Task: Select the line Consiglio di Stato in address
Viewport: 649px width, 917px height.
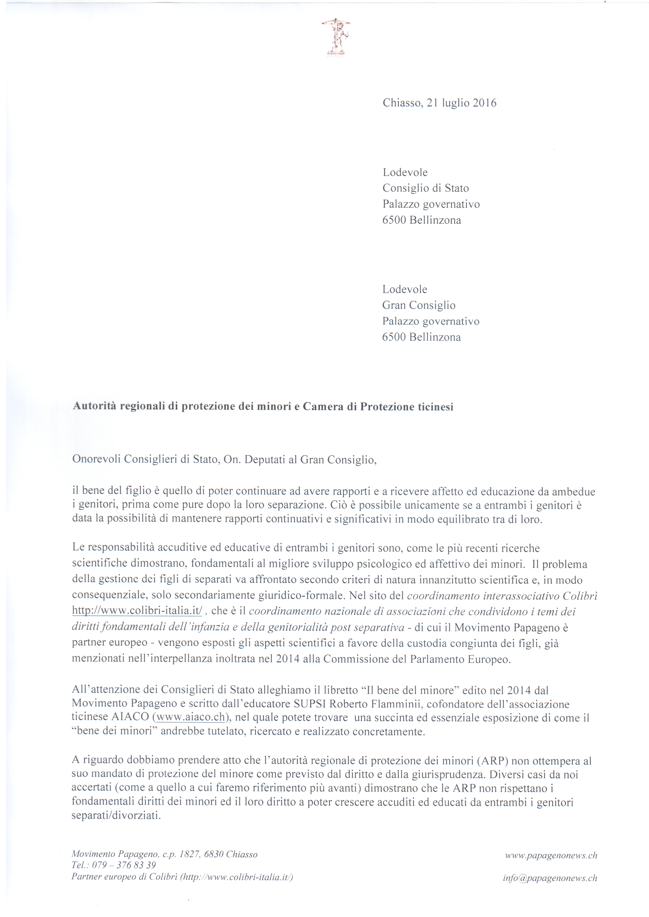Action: pyautogui.click(x=426, y=188)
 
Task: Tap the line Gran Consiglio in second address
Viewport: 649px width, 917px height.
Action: pyautogui.click(x=419, y=305)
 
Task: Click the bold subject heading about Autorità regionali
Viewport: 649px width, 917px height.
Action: pyautogui.click(x=263, y=407)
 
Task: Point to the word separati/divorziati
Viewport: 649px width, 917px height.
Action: pyautogui.click(x=116, y=816)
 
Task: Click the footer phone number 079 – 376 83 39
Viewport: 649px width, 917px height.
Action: pyautogui.click(x=124, y=865)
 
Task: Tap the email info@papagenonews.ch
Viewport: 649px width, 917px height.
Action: pyautogui.click(x=550, y=878)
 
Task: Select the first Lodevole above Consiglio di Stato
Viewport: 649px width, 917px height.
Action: pyautogui.click(x=405, y=173)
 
